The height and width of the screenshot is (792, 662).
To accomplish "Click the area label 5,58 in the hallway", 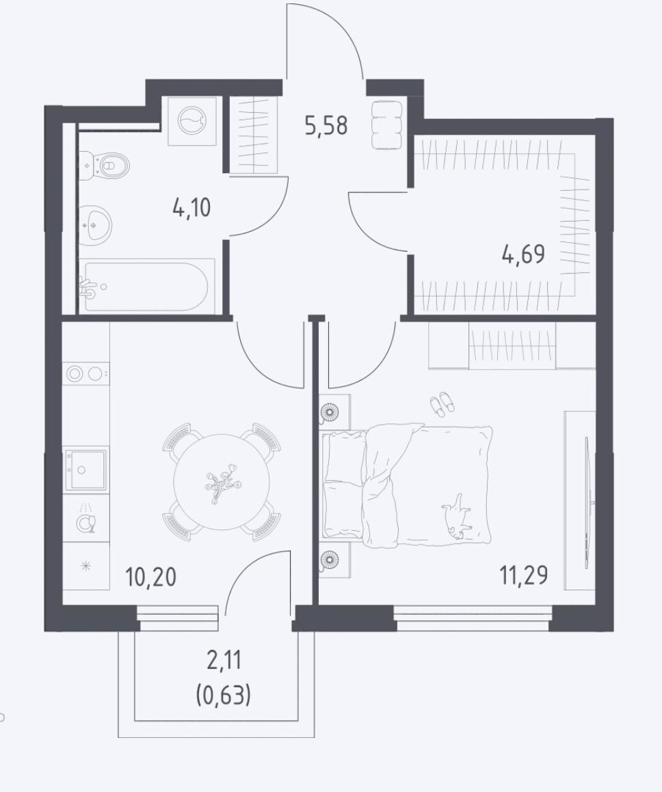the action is tap(326, 125).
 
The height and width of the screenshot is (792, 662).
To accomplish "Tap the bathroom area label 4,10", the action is tap(191, 208).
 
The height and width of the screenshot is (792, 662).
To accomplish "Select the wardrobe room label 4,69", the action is tap(524, 254).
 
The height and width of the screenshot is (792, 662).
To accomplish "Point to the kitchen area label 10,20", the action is tap(151, 577).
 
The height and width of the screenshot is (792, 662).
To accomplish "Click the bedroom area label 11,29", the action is tap(524, 575).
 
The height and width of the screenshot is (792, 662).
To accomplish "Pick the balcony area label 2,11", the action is tap(224, 660).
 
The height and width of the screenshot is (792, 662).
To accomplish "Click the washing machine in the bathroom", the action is tap(192, 121).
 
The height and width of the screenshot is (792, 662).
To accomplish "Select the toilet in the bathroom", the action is tap(105, 165).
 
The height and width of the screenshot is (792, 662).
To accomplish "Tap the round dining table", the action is tap(222, 482).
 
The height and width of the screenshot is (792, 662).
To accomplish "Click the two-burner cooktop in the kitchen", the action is tap(86, 374).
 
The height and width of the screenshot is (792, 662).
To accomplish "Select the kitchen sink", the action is tap(86, 470).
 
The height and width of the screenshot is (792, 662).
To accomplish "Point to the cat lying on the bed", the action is tap(458, 517).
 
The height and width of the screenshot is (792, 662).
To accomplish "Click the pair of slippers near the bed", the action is tap(442, 404).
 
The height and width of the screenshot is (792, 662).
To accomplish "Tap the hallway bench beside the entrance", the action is tap(387, 124).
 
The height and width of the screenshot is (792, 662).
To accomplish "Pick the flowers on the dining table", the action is tap(222, 482).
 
